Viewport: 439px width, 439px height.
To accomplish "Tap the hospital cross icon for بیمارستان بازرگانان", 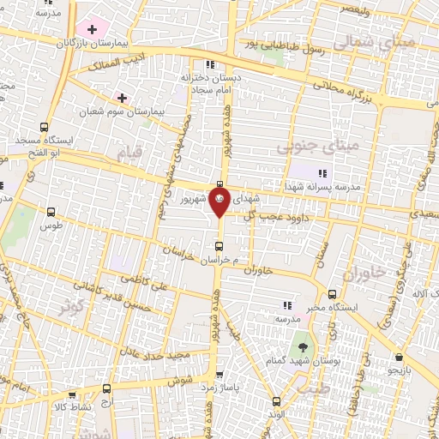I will (92, 29).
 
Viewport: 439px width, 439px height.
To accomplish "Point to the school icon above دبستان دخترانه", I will (209, 64).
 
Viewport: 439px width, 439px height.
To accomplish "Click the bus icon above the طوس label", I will (51, 212).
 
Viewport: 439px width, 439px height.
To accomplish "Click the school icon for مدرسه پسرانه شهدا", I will (322, 174).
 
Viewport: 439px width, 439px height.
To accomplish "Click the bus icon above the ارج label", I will (105, 388).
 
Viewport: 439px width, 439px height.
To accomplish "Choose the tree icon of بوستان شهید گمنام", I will (303, 347).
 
